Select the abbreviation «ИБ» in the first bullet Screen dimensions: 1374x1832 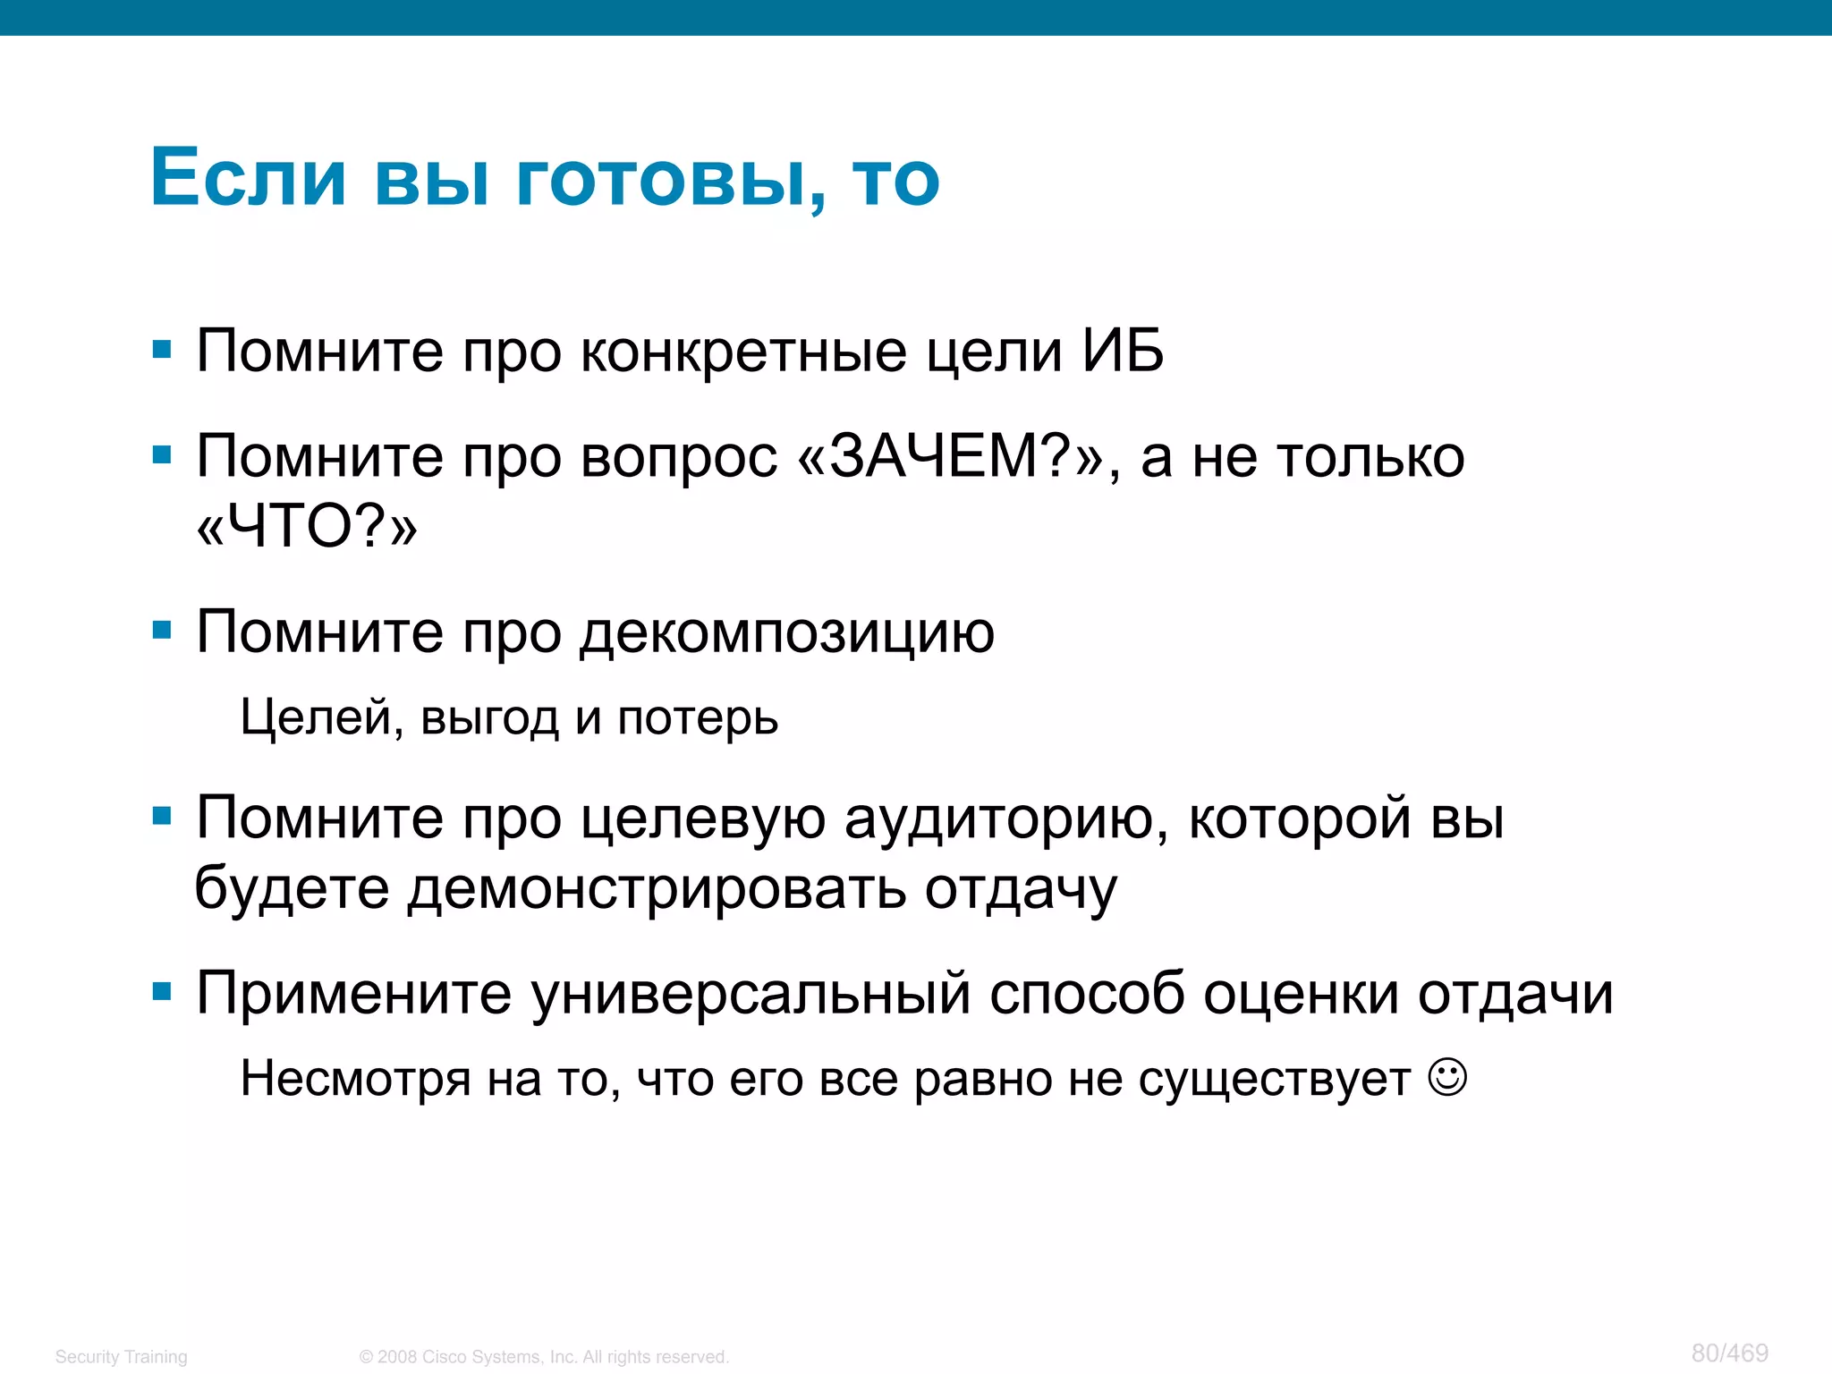(1123, 351)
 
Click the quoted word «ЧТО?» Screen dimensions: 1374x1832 (307, 526)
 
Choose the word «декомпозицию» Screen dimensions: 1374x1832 (787, 633)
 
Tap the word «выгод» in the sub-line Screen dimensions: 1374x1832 (489, 717)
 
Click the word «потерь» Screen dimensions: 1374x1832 (698, 719)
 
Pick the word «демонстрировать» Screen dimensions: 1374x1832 (657, 889)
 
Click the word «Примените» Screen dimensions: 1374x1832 (353, 994)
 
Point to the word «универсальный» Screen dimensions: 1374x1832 (751, 994)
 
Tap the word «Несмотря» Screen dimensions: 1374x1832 (355, 1079)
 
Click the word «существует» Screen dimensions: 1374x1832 (1274, 1080)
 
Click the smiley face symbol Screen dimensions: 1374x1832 (1447, 1076)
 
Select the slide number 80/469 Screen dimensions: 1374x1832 (1729, 1353)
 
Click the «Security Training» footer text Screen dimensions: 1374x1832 (122, 1357)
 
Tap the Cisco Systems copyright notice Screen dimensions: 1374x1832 (544, 1357)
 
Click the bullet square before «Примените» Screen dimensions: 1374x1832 (162, 991)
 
